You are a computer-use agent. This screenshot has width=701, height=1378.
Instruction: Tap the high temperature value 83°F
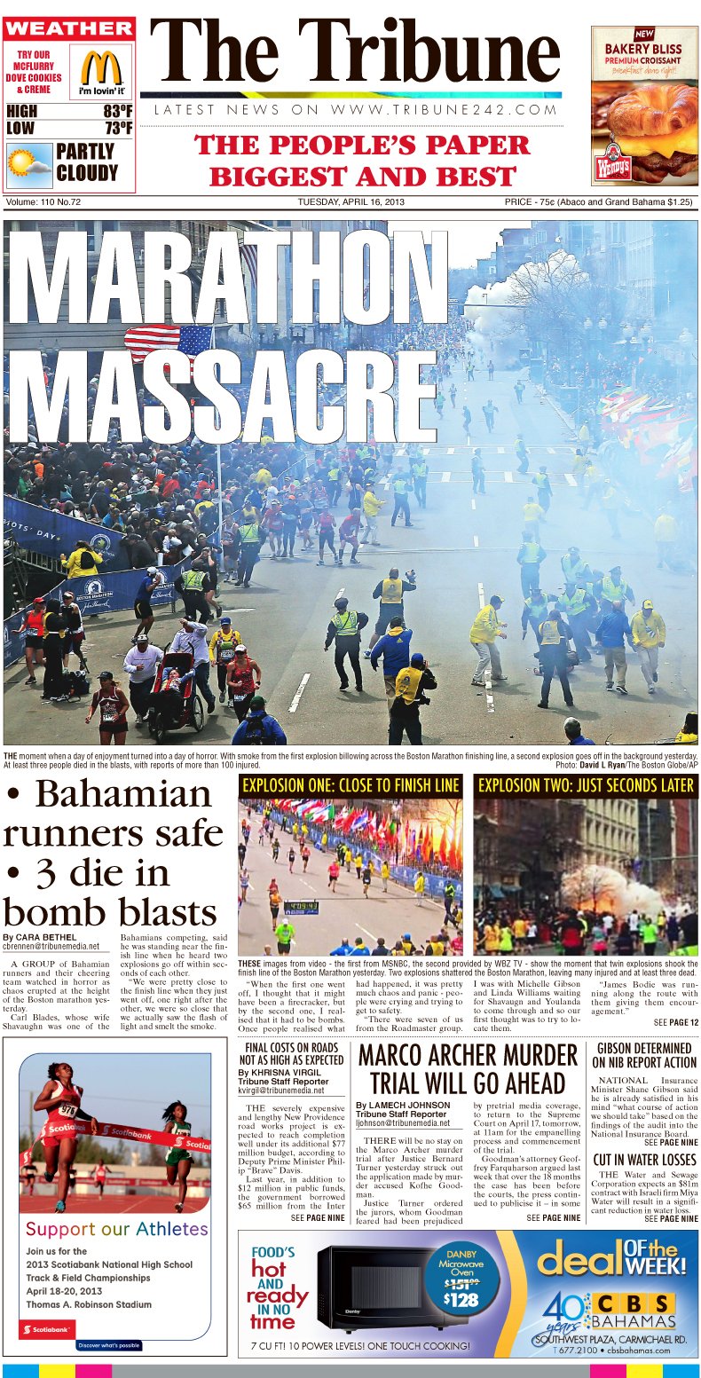[117, 112]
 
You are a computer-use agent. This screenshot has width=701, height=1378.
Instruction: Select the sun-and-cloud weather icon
[29, 162]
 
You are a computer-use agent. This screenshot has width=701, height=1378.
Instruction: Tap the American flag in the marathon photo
[169, 342]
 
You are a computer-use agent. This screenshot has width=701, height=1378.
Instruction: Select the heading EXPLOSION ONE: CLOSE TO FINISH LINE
[350, 785]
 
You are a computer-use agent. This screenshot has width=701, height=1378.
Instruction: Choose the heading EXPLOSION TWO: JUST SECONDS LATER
[586, 785]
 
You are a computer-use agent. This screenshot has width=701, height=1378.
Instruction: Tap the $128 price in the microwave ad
[461, 1300]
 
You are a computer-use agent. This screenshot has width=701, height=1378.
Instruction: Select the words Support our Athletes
[117, 1229]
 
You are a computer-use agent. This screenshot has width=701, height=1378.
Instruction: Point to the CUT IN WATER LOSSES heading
[644, 1159]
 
